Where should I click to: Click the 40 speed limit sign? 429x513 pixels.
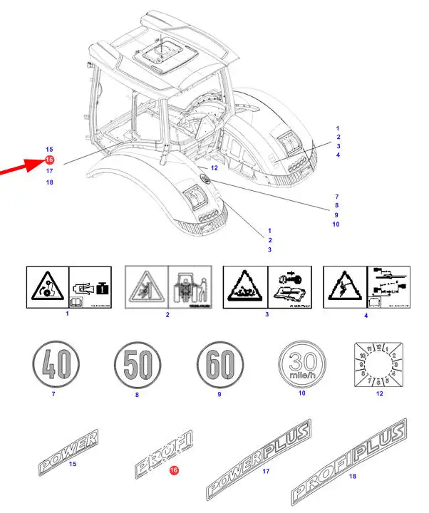point(49,365)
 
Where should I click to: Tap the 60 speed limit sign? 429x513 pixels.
point(219,365)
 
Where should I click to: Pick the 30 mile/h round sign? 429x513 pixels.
point(302,365)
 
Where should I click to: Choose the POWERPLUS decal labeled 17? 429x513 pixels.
point(259,458)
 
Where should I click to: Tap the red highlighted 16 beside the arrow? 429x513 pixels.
point(49,160)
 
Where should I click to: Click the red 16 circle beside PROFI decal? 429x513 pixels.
point(173,470)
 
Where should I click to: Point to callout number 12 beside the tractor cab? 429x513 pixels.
point(214,167)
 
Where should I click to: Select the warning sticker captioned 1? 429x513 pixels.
point(68,287)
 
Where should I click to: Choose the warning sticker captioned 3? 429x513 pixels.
point(266,287)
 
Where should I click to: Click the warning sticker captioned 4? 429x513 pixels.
point(366,287)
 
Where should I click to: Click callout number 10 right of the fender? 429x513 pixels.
point(336,224)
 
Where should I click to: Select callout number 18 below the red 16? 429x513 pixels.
point(49,182)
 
